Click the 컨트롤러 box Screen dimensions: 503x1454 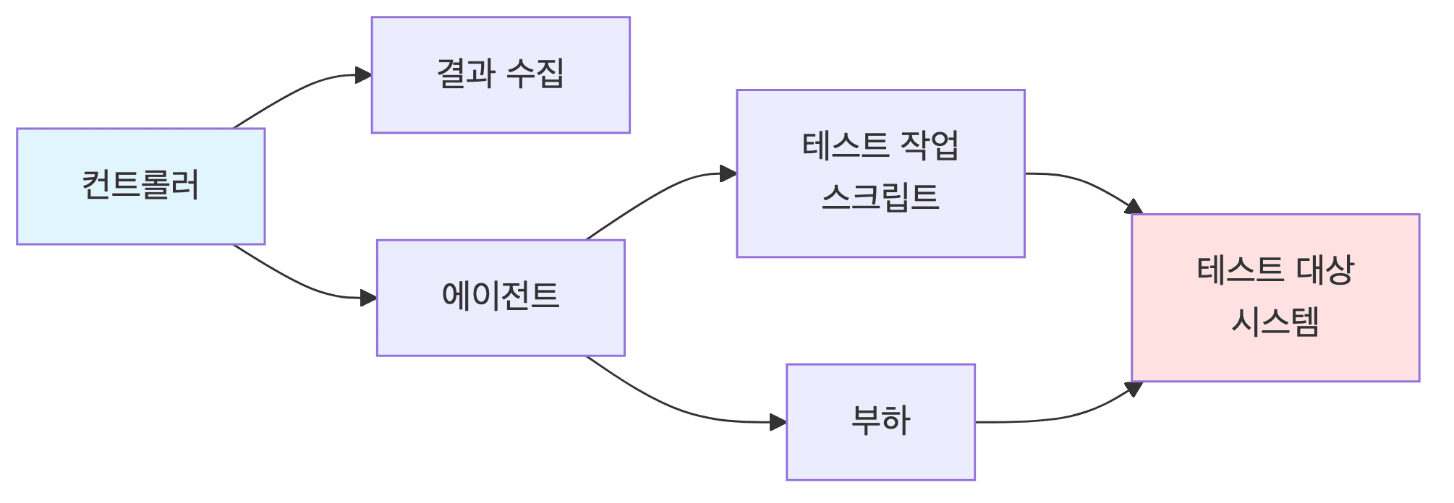[140, 186]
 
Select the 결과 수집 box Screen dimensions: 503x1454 [500, 74]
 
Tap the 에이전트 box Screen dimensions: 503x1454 [500, 297]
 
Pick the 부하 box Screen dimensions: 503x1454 [880, 421]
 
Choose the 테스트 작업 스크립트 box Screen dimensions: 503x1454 [880, 173]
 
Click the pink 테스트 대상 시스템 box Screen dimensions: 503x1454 [1275, 297]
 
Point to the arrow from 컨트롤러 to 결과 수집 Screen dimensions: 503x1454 [297, 90]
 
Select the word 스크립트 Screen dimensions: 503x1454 [880, 197]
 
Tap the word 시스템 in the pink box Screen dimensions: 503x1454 [1275, 322]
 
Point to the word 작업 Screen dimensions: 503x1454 [930, 146]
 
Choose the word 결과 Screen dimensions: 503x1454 [466, 74]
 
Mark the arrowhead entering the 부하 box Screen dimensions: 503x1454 [778, 422]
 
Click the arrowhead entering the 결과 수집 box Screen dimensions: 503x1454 [364, 75]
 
